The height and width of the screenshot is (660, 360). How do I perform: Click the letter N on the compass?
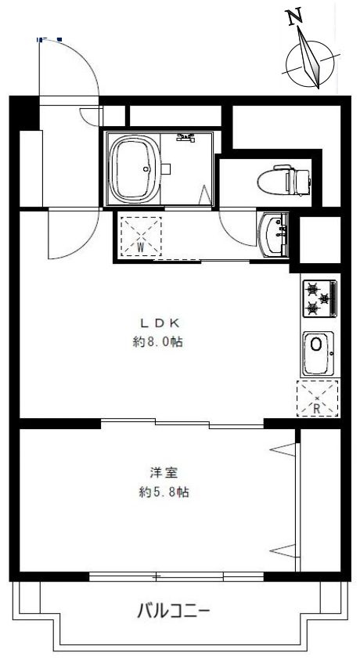(295, 17)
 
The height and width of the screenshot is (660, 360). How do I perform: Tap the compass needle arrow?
(310, 58)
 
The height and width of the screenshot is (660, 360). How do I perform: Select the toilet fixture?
(284, 180)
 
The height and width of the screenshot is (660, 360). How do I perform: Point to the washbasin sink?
(273, 234)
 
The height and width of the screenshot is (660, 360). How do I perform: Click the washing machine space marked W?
(141, 236)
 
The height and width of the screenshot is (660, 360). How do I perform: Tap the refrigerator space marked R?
(318, 399)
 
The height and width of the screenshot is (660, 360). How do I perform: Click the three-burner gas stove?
(320, 298)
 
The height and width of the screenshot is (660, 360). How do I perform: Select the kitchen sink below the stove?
(319, 354)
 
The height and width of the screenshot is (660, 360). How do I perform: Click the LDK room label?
(160, 323)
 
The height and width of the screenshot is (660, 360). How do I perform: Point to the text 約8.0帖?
(158, 342)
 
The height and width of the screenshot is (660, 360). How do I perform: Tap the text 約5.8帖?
(164, 492)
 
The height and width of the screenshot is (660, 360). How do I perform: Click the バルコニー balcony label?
(173, 611)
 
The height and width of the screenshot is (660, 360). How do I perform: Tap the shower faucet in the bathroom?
(185, 138)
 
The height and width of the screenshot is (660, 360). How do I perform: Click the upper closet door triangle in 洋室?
(283, 449)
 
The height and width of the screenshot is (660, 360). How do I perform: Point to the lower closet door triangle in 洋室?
(283, 550)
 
